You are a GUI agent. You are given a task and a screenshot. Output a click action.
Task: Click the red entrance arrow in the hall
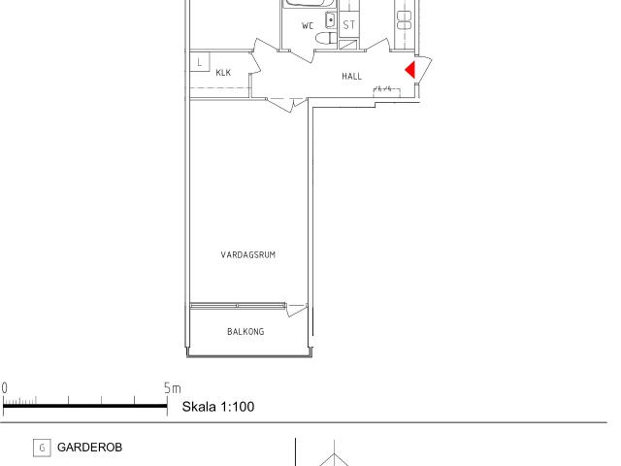click(410, 70)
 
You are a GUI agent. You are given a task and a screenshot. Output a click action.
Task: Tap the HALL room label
click(351, 76)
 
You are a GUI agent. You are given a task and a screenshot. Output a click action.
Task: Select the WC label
click(308, 26)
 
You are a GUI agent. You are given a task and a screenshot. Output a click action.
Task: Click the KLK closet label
click(223, 73)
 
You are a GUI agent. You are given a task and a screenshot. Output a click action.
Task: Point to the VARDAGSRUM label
click(248, 254)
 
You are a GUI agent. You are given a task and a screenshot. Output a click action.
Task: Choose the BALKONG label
click(245, 332)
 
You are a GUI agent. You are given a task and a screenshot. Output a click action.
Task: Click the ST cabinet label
click(349, 25)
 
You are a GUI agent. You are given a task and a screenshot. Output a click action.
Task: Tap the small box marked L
click(200, 62)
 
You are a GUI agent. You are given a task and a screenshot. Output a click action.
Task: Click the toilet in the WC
click(326, 39)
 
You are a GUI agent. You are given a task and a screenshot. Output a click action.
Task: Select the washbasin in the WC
click(330, 19)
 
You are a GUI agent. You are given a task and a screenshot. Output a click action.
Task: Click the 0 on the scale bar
click(4, 388)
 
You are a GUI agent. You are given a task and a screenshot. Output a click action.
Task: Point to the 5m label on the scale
click(173, 388)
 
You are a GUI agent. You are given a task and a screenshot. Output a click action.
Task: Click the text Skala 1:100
click(218, 407)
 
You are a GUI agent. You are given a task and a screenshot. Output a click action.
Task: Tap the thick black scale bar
click(85, 406)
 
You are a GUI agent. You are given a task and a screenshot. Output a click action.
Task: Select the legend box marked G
click(42, 448)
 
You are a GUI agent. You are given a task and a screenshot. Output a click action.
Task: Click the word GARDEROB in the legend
click(90, 448)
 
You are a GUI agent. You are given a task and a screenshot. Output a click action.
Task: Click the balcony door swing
click(297, 310)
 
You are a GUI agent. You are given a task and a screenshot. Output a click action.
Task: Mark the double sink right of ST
click(404, 20)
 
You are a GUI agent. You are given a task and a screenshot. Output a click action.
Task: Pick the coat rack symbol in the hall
click(386, 91)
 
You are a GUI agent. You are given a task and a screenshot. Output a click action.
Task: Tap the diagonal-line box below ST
click(348, 45)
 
